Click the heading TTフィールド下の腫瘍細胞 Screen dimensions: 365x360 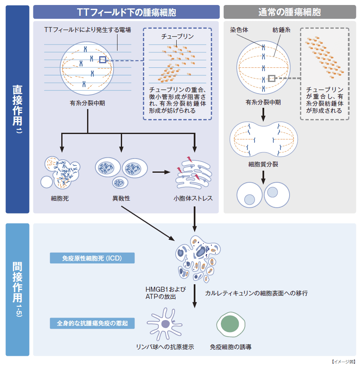[126, 12]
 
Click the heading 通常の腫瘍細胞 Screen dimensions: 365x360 [290, 12]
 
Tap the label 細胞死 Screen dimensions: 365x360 [60, 199]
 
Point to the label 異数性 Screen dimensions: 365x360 [121, 199]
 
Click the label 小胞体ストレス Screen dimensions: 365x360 [193, 199]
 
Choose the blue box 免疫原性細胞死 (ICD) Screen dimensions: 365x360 [92, 258]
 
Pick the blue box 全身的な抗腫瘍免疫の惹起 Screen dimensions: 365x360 [92, 323]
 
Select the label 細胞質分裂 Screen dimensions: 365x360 [263, 164]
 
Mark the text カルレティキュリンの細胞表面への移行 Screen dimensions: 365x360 [256, 293]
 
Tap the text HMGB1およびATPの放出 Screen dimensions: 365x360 [165, 293]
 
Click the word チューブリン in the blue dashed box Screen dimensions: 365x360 [177, 37]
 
